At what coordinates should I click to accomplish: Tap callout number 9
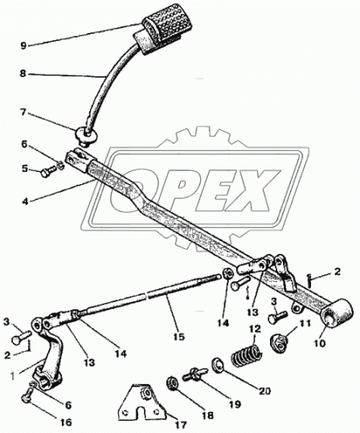(x=23, y=46)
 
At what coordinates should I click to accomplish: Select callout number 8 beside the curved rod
(x=23, y=74)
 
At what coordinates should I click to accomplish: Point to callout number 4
(x=25, y=201)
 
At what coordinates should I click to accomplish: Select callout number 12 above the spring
(x=255, y=329)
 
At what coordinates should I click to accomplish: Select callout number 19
(x=235, y=404)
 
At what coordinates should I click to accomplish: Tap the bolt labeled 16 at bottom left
(x=27, y=394)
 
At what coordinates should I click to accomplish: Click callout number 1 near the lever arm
(x=12, y=376)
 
